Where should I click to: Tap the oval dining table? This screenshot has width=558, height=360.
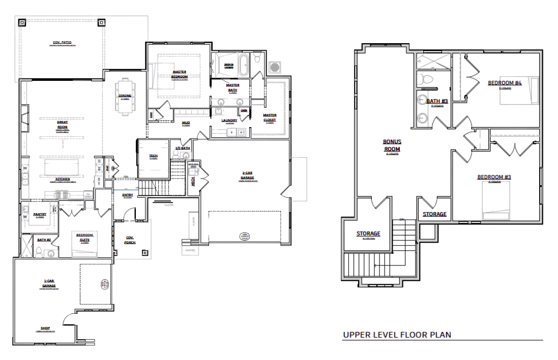click(125, 97)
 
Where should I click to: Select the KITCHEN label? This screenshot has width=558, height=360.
click(62, 179)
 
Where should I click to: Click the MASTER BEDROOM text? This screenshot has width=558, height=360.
click(179, 74)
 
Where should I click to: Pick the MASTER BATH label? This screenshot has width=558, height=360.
click(232, 87)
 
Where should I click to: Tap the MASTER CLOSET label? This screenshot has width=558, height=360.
click(270, 117)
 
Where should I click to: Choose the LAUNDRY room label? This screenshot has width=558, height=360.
click(230, 120)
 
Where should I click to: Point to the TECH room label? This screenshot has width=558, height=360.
click(154, 156)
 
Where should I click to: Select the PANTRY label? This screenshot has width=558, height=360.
click(40, 215)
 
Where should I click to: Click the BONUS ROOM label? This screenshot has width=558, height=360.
click(392, 145)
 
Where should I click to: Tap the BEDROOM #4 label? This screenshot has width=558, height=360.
click(505, 83)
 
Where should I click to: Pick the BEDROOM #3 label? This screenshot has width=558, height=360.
click(493, 177)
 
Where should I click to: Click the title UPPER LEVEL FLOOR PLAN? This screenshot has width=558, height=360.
click(397, 335)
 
